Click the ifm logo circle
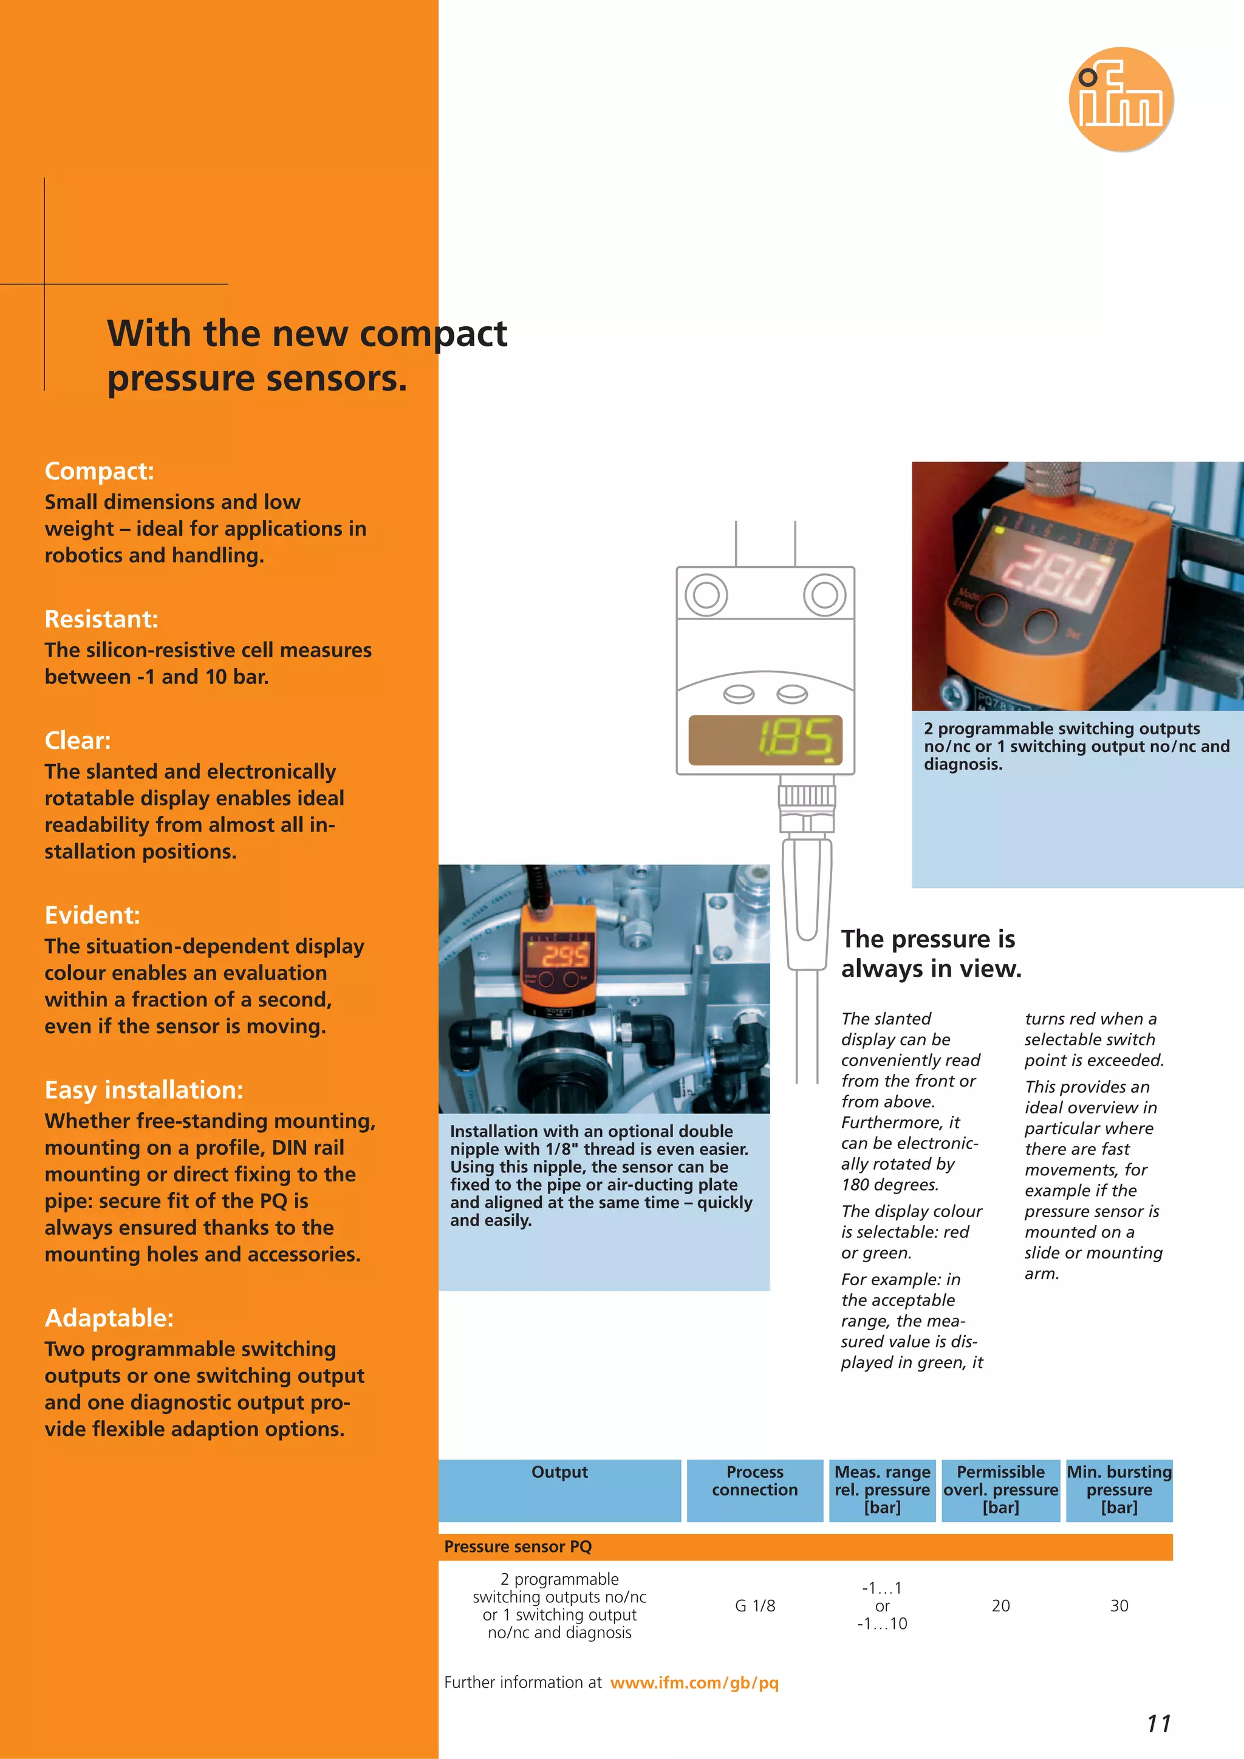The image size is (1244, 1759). pyautogui.click(x=1121, y=99)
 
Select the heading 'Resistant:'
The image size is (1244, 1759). pyautogui.click(x=101, y=618)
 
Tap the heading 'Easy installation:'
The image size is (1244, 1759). pyautogui.click(x=144, y=1090)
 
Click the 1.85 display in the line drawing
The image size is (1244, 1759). pyautogui.click(x=765, y=740)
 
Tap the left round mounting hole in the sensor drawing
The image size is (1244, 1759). pyautogui.click(x=705, y=595)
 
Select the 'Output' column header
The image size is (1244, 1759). pyautogui.click(x=559, y=1472)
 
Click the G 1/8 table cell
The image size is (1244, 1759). pyautogui.click(x=754, y=1606)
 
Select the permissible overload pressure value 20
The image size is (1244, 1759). pyautogui.click(x=1000, y=1606)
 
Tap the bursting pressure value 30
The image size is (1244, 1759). pyautogui.click(x=1119, y=1606)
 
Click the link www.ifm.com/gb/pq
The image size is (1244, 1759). pyautogui.click(x=694, y=1682)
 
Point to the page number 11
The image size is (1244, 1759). pyautogui.click(x=1158, y=1724)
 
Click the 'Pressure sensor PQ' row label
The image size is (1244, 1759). pyautogui.click(x=518, y=1547)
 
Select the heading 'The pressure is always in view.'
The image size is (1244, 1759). pyautogui.click(x=931, y=953)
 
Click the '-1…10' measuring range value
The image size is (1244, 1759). pyautogui.click(x=883, y=1624)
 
